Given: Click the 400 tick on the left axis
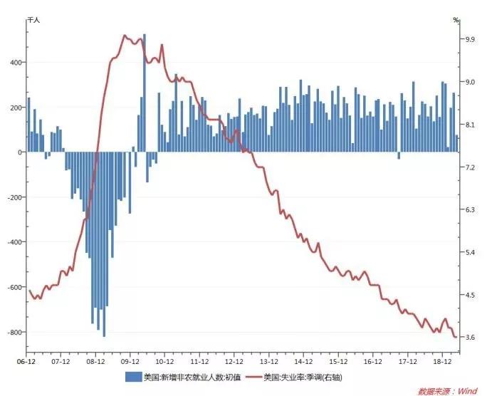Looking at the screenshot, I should click(15, 62).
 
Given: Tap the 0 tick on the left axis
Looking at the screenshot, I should click(20, 152).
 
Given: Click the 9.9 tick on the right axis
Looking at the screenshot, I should click(469, 39).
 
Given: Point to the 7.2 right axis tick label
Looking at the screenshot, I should click(469, 167).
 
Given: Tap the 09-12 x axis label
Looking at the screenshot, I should click(130, 361).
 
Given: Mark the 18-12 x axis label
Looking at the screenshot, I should click(443, 361).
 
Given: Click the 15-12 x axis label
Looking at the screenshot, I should click(338, 361).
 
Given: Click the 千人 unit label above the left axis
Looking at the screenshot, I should click(33, 21).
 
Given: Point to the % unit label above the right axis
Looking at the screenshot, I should click(456, 21).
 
